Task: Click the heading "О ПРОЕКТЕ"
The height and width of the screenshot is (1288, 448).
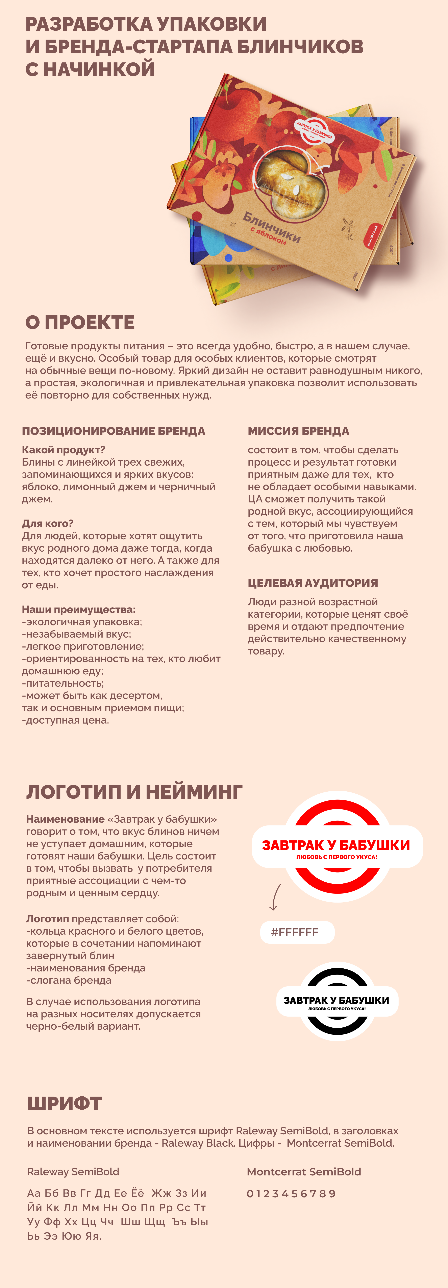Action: pyautogui.click(x=80, y=322)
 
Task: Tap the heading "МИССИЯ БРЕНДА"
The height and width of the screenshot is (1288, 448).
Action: pyautogui.click(x=298, y=431)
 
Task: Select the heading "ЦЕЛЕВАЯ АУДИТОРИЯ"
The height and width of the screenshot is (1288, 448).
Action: pyautogui.click(x=313, y=583)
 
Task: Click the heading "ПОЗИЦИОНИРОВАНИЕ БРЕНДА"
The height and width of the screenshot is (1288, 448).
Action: pyautogui.click(x=114, y=431)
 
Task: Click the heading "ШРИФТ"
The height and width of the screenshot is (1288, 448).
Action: pyautogui.click(x=65, y=1104)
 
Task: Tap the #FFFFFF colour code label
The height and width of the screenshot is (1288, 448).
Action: pyautogui.click(x=295, y=932)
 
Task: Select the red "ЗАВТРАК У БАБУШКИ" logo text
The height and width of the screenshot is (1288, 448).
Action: pyautogui.click(x=336, y=845)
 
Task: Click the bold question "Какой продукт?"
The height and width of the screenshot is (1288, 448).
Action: pyautogui.click(x=64, y=449)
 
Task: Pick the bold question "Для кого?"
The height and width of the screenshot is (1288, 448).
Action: pyautogui.click(x=48, y=524)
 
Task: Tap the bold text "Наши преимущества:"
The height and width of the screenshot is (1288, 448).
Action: pyautogui.click(x=79, y=610)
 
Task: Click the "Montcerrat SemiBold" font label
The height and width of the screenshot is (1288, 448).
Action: pyautogui.click(x=304, y=1171)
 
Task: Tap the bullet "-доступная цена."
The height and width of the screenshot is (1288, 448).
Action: pyautogui.click(x=66, y=720)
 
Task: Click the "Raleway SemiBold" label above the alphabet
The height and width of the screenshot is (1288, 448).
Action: pyautogui.click(x=73, y=1171)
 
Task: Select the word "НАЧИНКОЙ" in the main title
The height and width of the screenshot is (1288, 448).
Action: pyautogui.click(x=99, y=69)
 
